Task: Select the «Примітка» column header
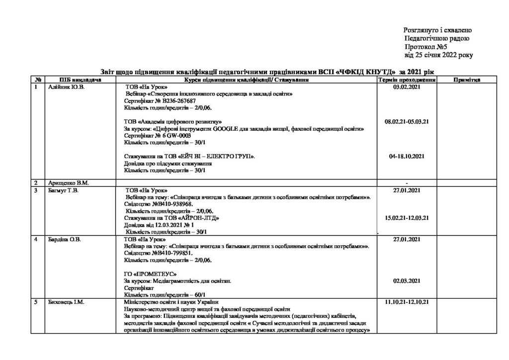(466, 80)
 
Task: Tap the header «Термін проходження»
(407, 80)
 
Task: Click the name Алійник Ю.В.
(66, 87)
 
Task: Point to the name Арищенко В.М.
(69, 182)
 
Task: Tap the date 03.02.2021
(407, 87)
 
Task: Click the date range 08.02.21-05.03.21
(407, 121)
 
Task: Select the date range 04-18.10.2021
(407, 156)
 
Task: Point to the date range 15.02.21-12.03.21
(407, 217)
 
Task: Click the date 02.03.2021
(407, 281)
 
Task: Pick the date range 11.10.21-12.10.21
(407, 302)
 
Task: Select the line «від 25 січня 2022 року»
(438, 54)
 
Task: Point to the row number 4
(35, 239)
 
